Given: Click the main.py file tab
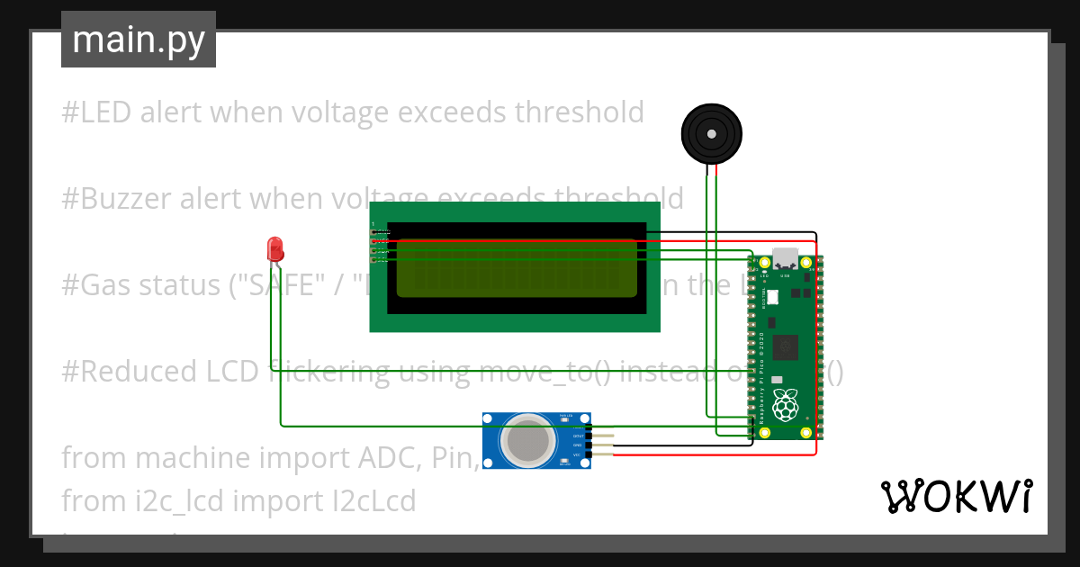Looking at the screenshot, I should [x=139, y=40].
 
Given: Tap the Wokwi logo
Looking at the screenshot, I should [x=955, y=496].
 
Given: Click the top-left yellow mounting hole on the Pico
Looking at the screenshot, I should [x=764, y=263].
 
